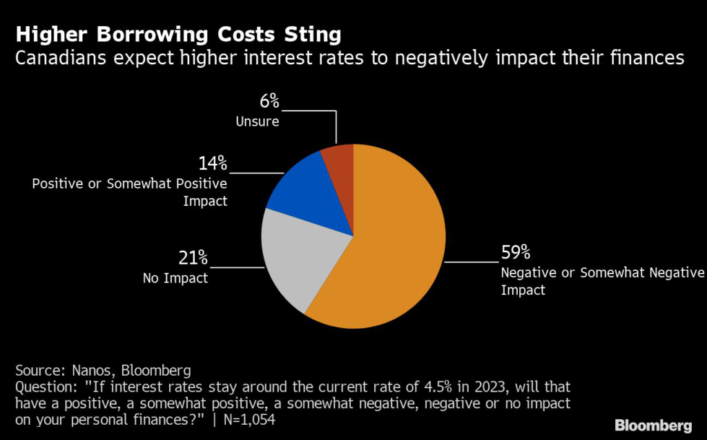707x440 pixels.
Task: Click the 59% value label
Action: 516,252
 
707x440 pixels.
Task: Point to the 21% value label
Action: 193,258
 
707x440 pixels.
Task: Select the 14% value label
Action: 213,164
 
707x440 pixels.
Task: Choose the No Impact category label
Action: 175,278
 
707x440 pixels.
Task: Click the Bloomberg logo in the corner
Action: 653,425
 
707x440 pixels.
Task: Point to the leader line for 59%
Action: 472,262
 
